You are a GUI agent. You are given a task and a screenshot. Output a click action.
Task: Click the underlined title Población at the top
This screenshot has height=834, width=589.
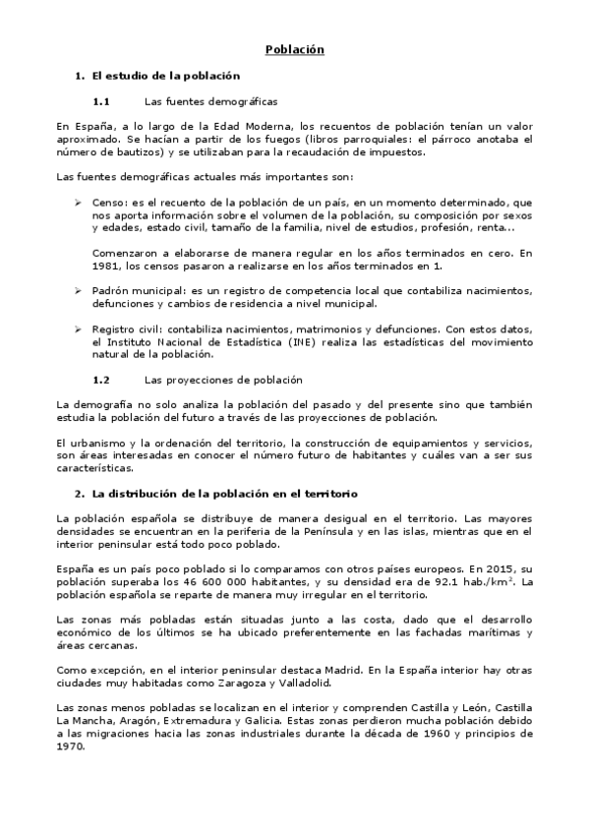[x=294, y=49]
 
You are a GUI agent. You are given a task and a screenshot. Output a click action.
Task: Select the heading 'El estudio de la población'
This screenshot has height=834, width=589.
[x=165, y=76]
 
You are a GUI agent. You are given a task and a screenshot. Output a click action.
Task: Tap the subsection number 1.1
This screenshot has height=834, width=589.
[x=100, y=101]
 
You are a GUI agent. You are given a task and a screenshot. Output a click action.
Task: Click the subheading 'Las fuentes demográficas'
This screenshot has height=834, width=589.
[x=210, y=101]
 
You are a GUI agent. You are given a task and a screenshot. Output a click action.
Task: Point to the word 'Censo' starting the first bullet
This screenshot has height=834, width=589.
[x=109, y=202]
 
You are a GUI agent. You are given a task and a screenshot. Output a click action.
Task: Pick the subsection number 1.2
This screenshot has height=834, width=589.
[x=100, y=379]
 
